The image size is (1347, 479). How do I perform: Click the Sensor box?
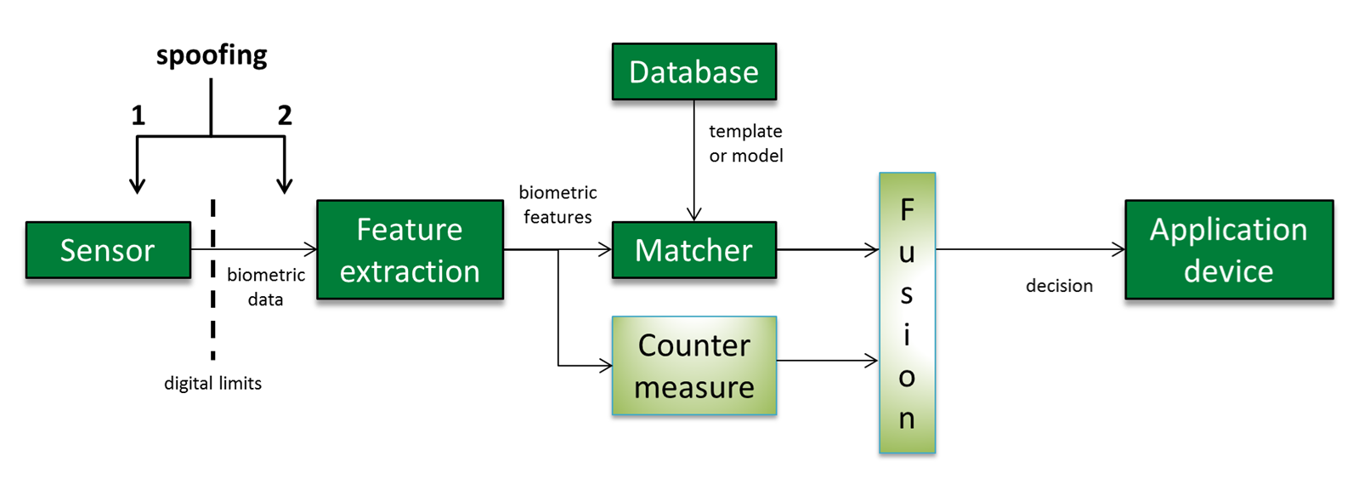click(108, 250)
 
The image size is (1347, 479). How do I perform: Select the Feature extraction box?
click(410, 250)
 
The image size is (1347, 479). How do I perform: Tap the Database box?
click(693, 72)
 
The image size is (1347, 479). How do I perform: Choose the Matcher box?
click(693, 250)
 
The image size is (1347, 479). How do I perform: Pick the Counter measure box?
click(693, 366)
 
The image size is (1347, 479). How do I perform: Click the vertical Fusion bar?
click(907, 313)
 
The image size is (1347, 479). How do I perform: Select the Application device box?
click(1228, 250)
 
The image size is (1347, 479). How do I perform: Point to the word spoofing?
click(212, 55)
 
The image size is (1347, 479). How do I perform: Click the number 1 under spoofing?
click(138, 116)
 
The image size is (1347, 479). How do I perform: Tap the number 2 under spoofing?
click(285, 116)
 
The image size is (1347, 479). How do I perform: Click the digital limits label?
click(212, 384)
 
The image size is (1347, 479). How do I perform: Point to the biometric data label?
click(265, 288)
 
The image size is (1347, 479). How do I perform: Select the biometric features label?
click(557, 205)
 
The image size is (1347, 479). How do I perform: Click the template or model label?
click(745, 144)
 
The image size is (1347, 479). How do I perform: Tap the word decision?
click(1059, 286)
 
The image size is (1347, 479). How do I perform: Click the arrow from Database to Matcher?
click(693, 162)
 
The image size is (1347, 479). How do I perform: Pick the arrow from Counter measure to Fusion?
click(827, 361)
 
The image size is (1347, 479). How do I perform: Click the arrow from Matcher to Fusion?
click(827, 249)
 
